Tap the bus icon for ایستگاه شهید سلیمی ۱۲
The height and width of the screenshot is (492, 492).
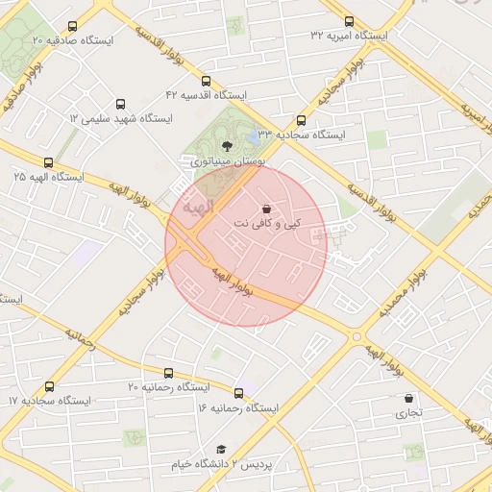[x=120, y=104]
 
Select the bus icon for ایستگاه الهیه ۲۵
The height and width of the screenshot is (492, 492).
[x=49, y=162]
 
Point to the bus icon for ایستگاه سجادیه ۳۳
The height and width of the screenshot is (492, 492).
[x=302, y=121]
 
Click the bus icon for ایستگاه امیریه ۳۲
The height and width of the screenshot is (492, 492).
[x=348, y=21]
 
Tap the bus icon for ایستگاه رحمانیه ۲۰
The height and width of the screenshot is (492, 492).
[x=169, y=372]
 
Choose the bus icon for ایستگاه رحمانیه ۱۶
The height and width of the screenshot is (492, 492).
[x=238, y=393]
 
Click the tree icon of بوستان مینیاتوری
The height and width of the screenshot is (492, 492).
[x=226, y=146]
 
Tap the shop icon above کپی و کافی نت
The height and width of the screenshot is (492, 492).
[x=266, y=209]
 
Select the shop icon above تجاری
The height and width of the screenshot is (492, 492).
[x=409, y=398]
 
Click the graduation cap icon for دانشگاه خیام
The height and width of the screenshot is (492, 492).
[x=221, y=449]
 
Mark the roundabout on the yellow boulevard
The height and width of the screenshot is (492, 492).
[x=357, y=336]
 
